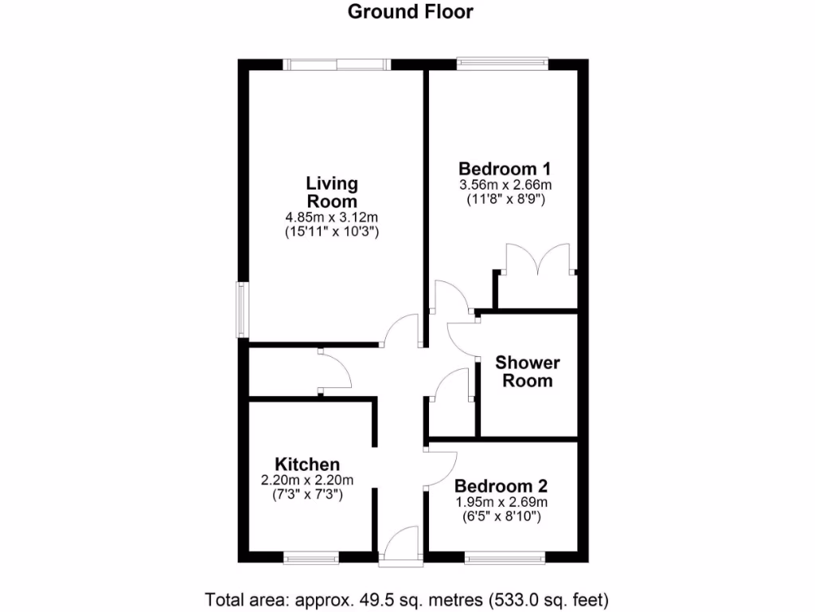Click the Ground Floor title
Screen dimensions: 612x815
pos(410,11)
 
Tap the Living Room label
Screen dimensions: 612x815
pos(331,192)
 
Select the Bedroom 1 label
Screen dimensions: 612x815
pos(505,169)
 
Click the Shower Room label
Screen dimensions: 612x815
pos(528,371)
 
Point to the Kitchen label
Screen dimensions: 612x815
pos(307,464)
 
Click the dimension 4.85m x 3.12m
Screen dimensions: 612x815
pos(331,217)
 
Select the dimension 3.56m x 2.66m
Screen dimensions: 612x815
pos(505,185)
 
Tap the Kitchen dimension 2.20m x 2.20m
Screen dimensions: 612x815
pos(307,480)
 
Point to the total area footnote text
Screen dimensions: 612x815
pos(411,599)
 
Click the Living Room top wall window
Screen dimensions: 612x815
pos(337,65)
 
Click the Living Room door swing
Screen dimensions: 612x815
pos(402,331)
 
